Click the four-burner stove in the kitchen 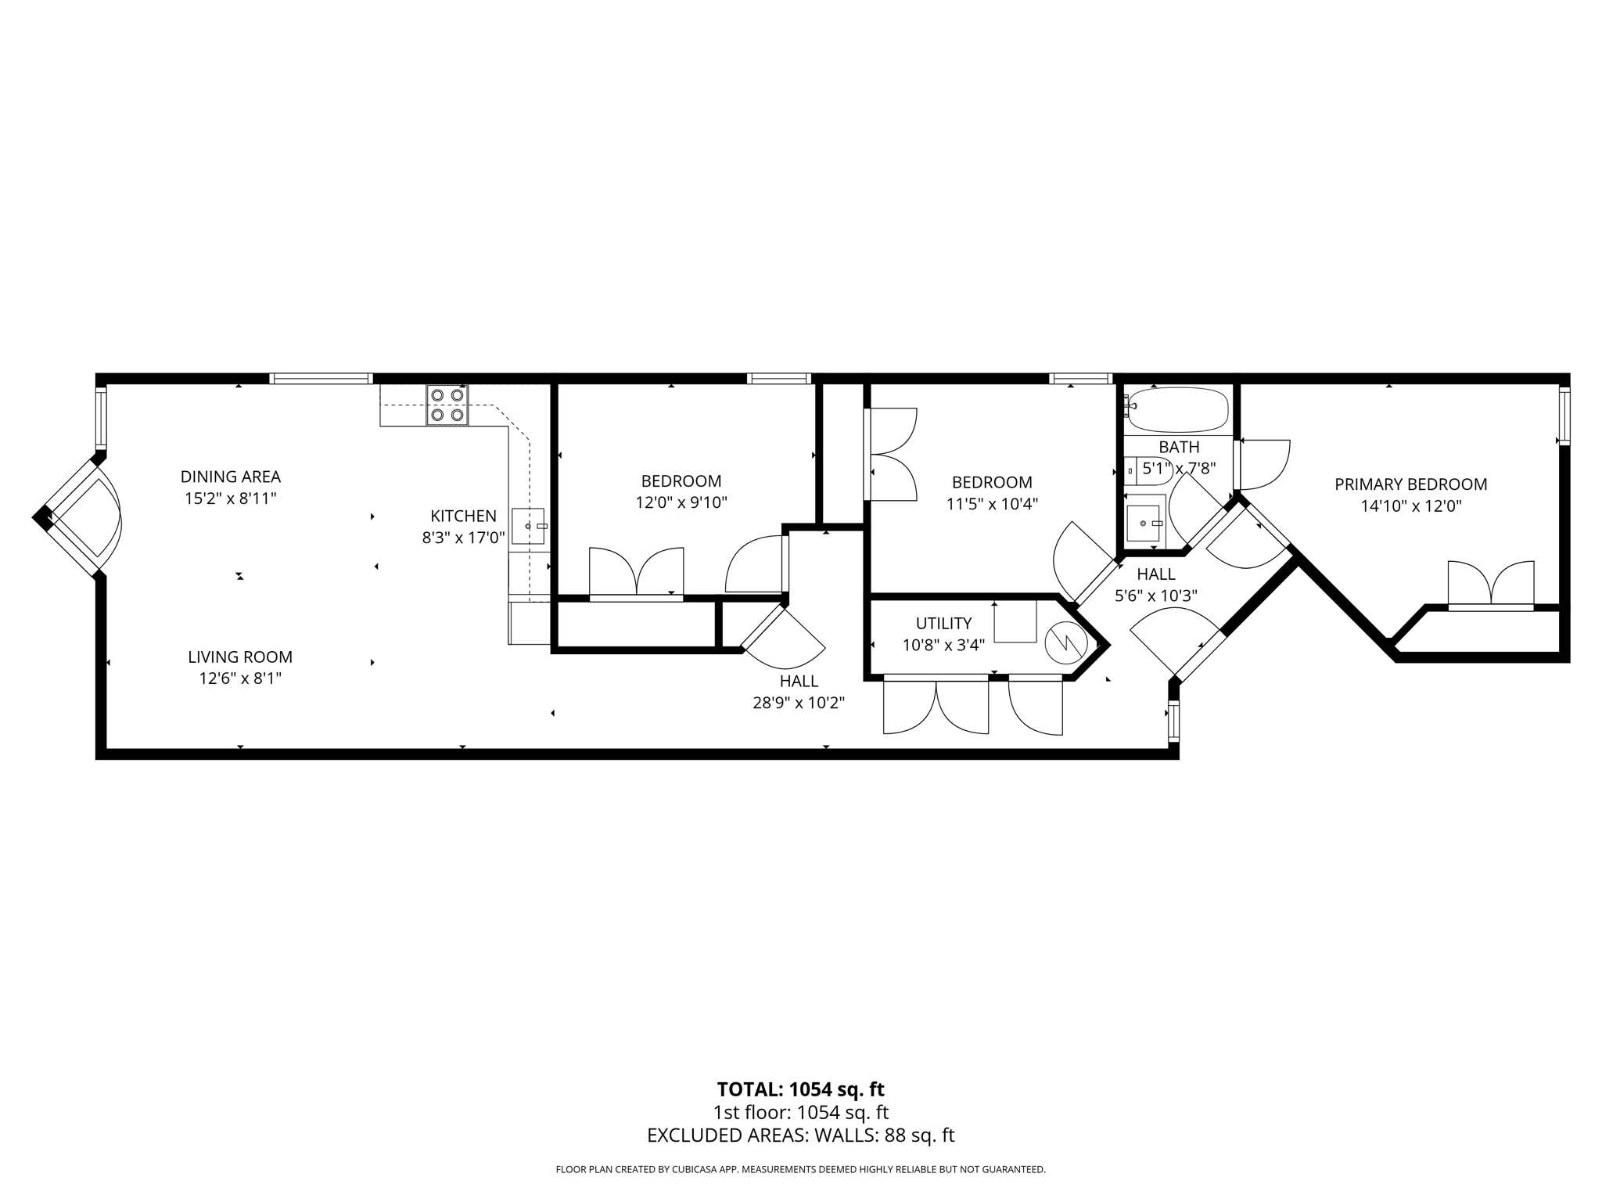447,405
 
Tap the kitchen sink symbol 528,526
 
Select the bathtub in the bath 1179,410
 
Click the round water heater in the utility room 1065,642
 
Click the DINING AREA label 230,477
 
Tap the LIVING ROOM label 239,657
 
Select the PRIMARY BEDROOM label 1410,484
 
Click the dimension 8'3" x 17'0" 463,538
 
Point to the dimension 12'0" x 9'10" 681,502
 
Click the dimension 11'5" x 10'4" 991,504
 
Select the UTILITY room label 943,623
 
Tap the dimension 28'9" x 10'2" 799,703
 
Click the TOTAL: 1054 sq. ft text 800,1089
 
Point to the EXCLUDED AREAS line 800,1135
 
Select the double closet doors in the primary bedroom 1490,585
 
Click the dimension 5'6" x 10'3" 1155,596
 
